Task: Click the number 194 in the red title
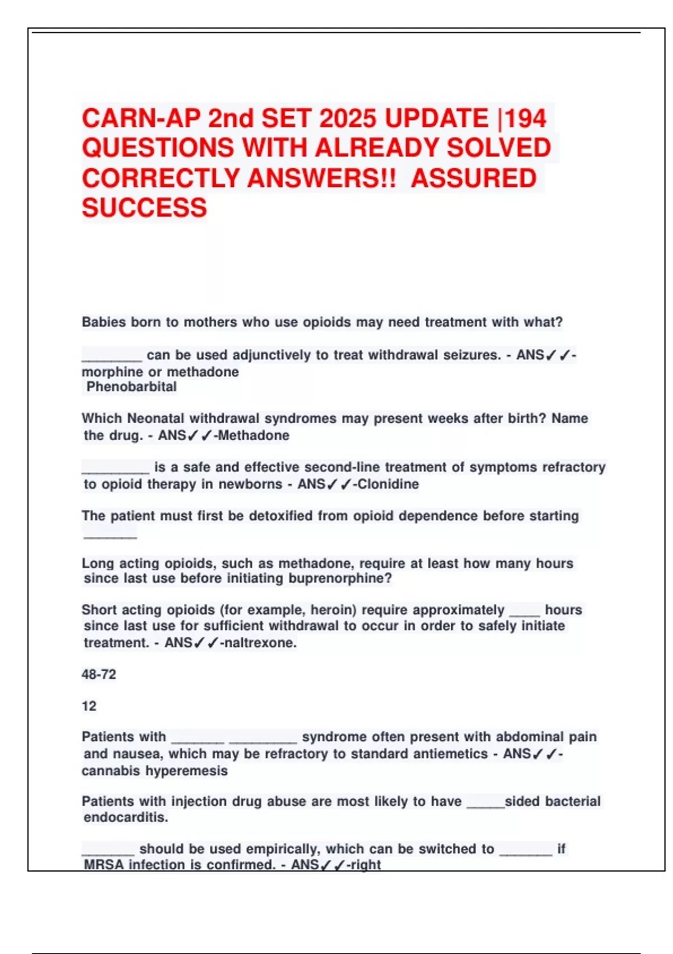tap(525, 118)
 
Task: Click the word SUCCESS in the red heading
tap(144, 208)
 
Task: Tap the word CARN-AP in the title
tap(141, 118)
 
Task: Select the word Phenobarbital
tap(132, 387)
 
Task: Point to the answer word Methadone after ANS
tap(253, 435)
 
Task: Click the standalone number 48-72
tap(99, 675)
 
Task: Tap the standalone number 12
tap(89, 706)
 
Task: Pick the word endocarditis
tap(126, 818)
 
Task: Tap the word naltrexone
tap(259, 643)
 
